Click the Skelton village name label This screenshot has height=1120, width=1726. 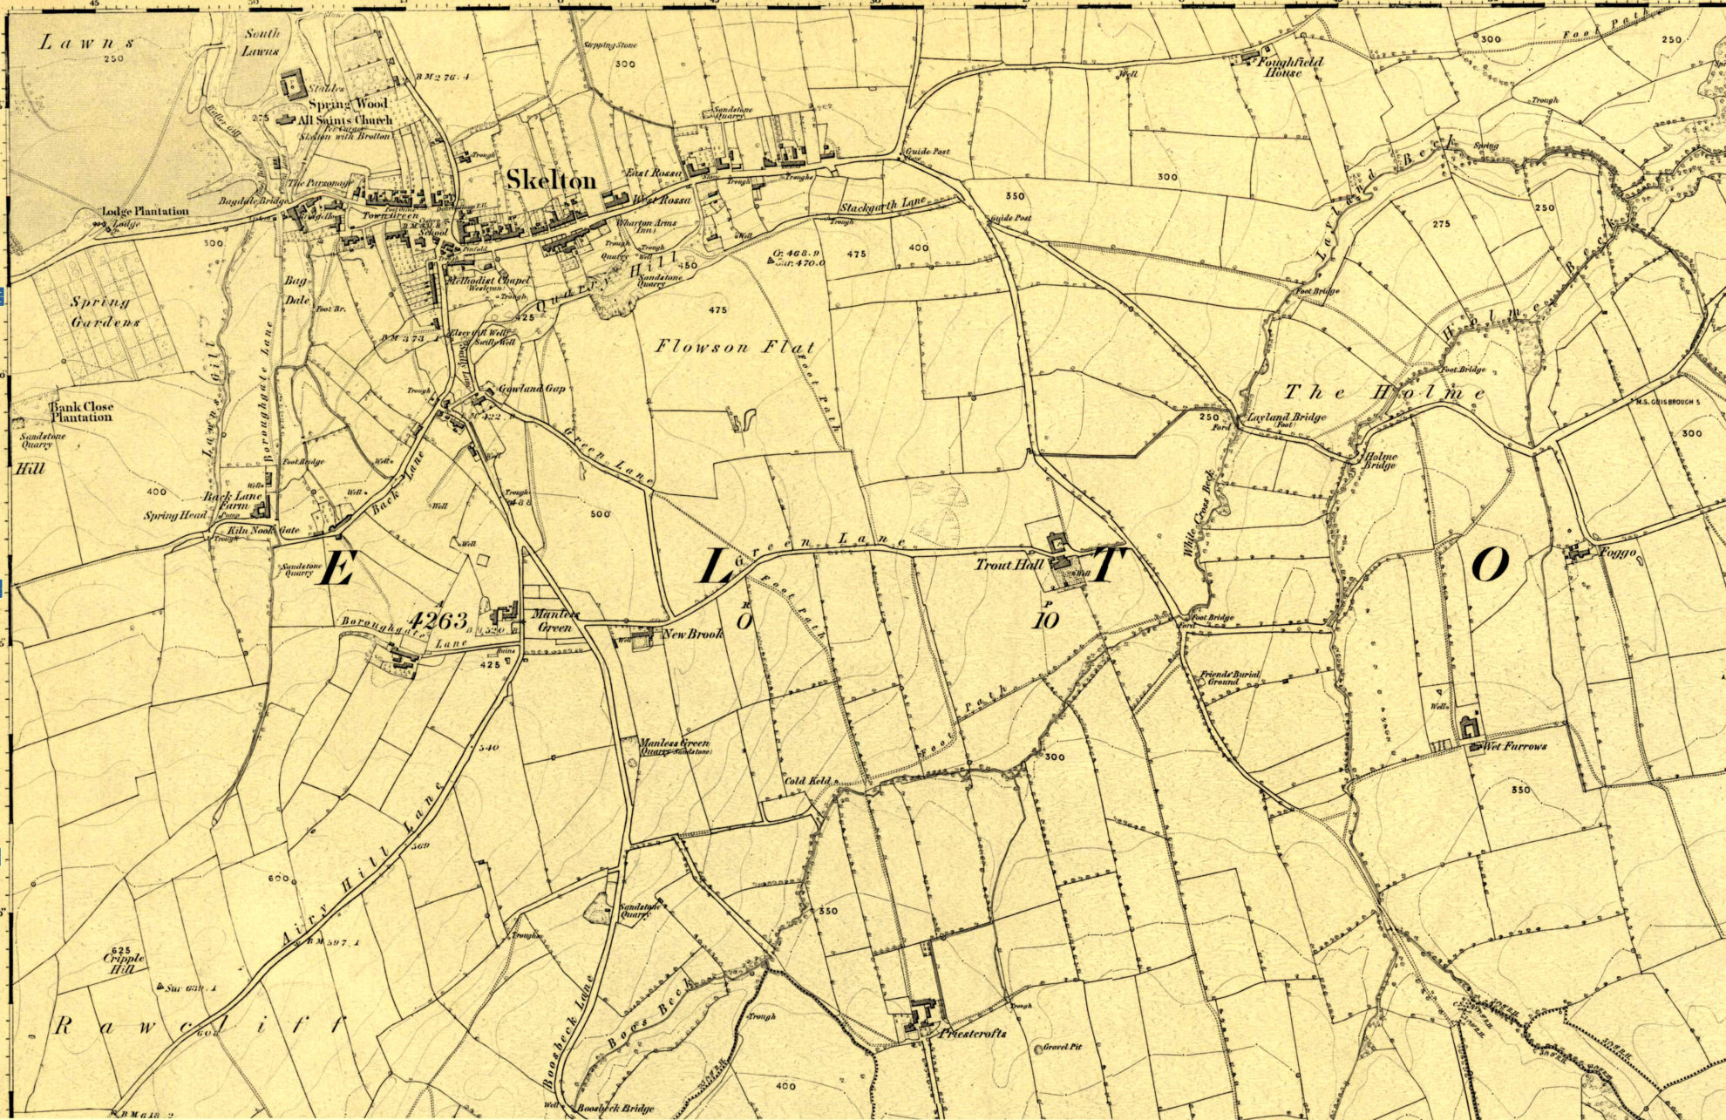point(551,180)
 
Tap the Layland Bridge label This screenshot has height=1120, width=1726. point(1287,417)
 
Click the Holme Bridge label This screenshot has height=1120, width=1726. point(1381,460)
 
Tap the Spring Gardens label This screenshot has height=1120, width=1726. point(105,311)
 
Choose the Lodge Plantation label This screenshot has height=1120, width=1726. point(145,211)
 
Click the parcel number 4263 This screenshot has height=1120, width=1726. point(438,620)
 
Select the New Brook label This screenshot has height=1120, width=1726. point(693,634)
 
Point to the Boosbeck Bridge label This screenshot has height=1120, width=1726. point(615,1109)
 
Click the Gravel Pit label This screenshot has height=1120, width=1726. point(1063,1046)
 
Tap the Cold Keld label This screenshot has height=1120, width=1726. point(807,781)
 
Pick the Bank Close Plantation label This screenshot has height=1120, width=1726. point(80,411)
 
